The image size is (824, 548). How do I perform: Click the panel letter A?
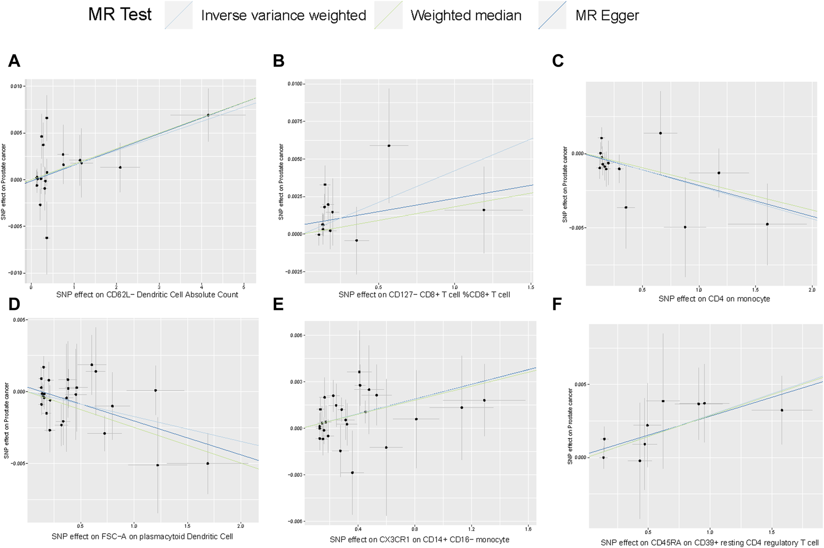coord(14,61)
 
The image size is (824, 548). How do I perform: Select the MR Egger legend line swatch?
coord(552,15)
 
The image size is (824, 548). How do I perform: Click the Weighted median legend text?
coord(465,15)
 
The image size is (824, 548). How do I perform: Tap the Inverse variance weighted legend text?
coord(283,15)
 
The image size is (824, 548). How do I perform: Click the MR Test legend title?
coord(120,14)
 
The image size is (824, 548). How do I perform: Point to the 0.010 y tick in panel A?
coord(17,86)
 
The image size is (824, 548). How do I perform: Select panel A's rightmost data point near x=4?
coord(208,115)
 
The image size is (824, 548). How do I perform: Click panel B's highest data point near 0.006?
coord(389,146)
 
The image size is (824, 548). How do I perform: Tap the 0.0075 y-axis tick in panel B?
coord(294,122)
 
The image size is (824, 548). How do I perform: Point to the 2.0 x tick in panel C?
coord(811,290)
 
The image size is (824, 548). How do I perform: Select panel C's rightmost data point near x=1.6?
coord(767,224)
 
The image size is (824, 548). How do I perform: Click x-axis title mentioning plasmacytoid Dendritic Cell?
coord(142,536)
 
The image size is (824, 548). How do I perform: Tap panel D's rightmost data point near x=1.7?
coord(207,463)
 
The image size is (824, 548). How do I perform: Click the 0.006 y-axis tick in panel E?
coord(296,335)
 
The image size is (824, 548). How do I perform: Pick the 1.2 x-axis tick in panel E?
coord(472,529)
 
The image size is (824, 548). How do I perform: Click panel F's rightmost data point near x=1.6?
coord(782,410)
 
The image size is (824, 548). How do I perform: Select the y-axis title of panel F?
coord(570,426)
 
